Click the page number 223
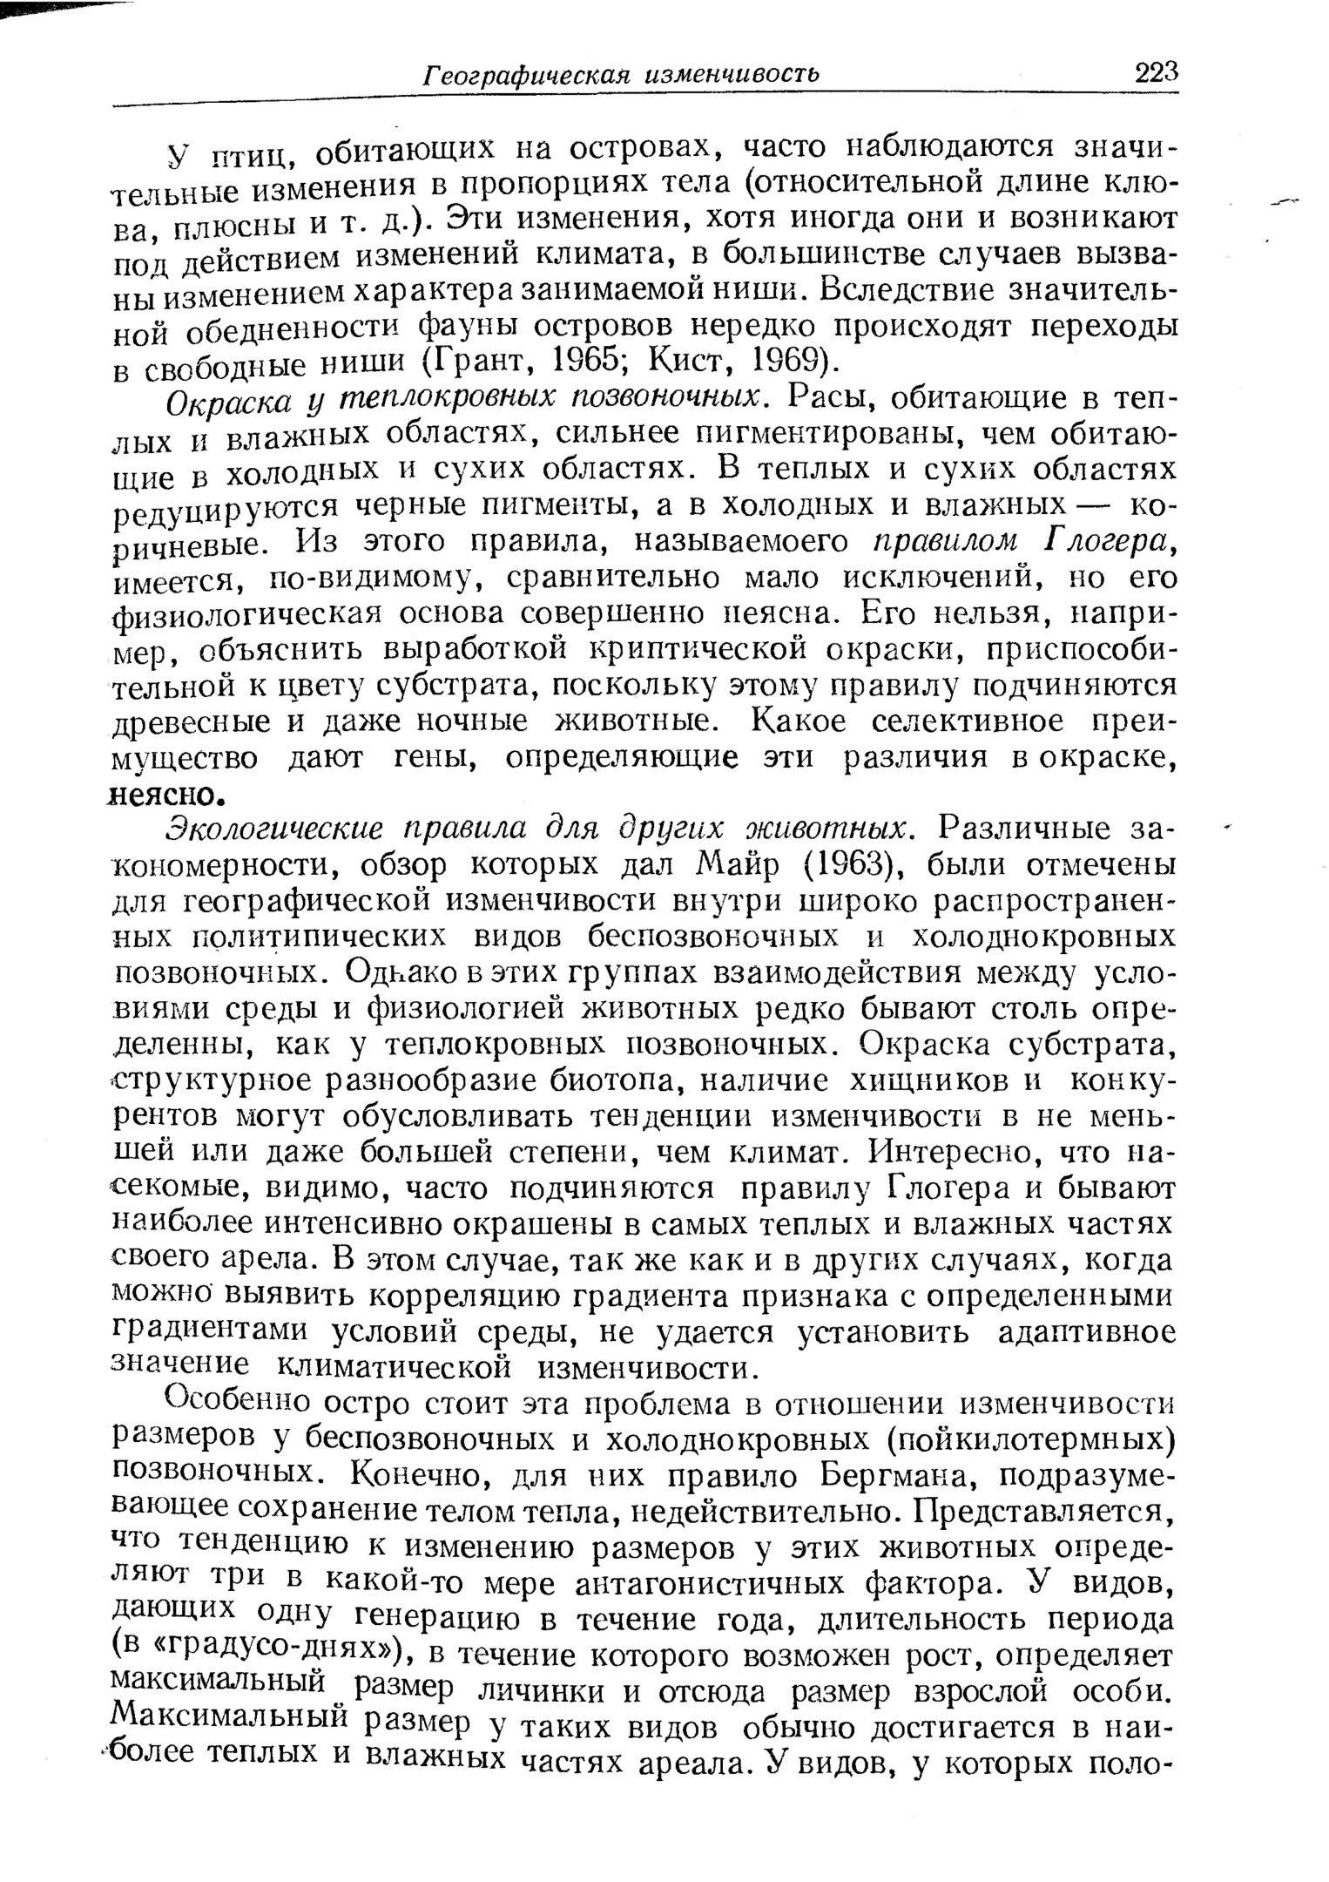pyautogui.click(x=1156, y=71)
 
